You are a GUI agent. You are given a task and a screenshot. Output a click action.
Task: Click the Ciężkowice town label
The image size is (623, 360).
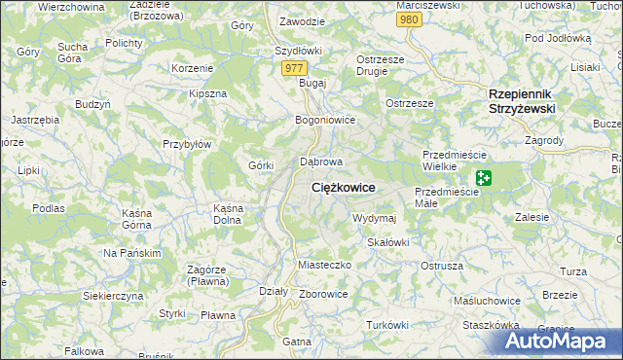[x=343, y=187]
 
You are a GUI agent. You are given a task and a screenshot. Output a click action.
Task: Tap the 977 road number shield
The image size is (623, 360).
[x=295, y=68]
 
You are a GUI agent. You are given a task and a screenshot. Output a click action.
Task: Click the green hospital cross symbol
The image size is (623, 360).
[x=484, y=178]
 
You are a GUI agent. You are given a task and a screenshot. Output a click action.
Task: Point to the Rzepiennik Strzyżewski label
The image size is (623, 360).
[x=521, y=101]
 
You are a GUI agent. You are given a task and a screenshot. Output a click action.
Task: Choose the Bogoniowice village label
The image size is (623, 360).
[x=325, y=120]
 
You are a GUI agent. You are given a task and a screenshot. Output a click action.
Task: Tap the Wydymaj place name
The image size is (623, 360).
[x=374, y=218]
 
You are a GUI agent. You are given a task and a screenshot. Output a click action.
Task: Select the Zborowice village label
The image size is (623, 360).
[x=324, y=293]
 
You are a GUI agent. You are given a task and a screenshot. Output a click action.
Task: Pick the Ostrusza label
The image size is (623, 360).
[x=441, y=265]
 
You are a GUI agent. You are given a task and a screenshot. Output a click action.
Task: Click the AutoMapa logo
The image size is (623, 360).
[x=553, y=341]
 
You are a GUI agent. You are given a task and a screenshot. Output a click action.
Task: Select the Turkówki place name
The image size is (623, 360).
[x=386, y=324]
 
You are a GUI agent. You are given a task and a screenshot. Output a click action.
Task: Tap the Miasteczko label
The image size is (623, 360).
[x=322, y=265]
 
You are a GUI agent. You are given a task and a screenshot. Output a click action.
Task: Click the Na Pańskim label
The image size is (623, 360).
[x=131, y=253]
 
